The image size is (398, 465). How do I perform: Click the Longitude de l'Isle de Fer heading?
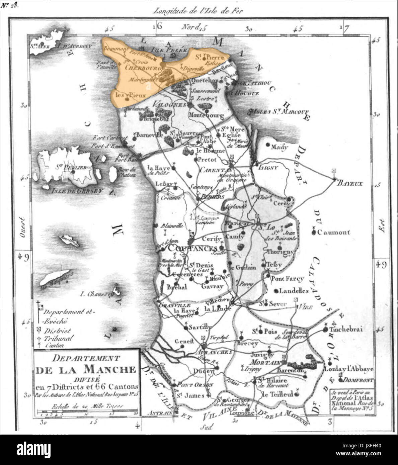click(197, 11)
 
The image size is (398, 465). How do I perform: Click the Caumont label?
click(333, 232)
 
